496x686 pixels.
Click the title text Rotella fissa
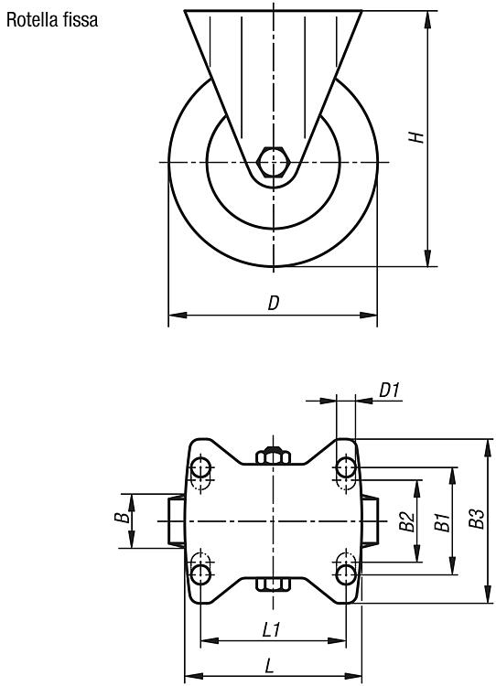pos(52,20)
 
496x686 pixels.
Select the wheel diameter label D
pos(274,303)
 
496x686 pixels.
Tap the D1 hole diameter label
pos(389,390)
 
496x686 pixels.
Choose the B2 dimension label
pos(407,521)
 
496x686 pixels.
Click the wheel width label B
pos(122,518)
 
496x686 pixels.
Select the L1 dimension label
pos(271,630)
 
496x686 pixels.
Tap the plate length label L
pos(270,666)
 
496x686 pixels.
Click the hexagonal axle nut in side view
pos(274,162)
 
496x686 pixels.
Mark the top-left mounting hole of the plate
pos(200,467)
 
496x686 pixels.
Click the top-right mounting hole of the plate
pos(346,467)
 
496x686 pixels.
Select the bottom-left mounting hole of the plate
pos(200,573)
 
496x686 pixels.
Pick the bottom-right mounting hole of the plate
pos(346,573)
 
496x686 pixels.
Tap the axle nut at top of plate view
pos(274,456)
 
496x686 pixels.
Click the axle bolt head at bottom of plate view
pos(274,584)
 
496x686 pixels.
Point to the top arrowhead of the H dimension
pos(427,19)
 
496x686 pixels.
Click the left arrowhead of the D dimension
pos(178,315)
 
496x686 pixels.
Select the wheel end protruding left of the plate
pos(176,520)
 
